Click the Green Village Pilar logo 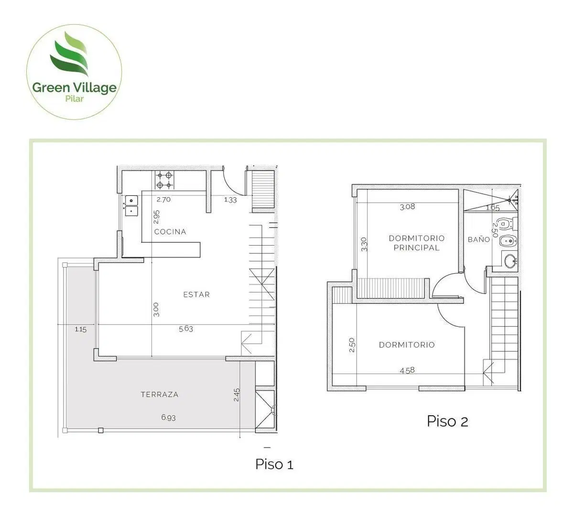tap(74, 72)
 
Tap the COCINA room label tap(170, 232)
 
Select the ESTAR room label tap(196, 294)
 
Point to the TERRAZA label tap(160, 394)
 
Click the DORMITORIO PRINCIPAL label tap(417, 243)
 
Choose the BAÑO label tap(479, 239)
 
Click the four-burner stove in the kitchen tap(164, 180)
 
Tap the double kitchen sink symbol tap(131, 206)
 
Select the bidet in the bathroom tap(508, 240)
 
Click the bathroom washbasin tap(510, 261)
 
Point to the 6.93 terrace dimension tap(169, 417)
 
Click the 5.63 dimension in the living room tap(186, 329)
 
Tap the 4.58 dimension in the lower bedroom tap(407, 370)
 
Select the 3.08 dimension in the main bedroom tap(408, 207)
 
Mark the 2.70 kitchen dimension tap(164, 200)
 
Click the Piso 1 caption tap(274, 464)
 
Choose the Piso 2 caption tap(447, 421)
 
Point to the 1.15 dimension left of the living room tap(80, 329)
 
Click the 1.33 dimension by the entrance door tap(230, 200)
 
